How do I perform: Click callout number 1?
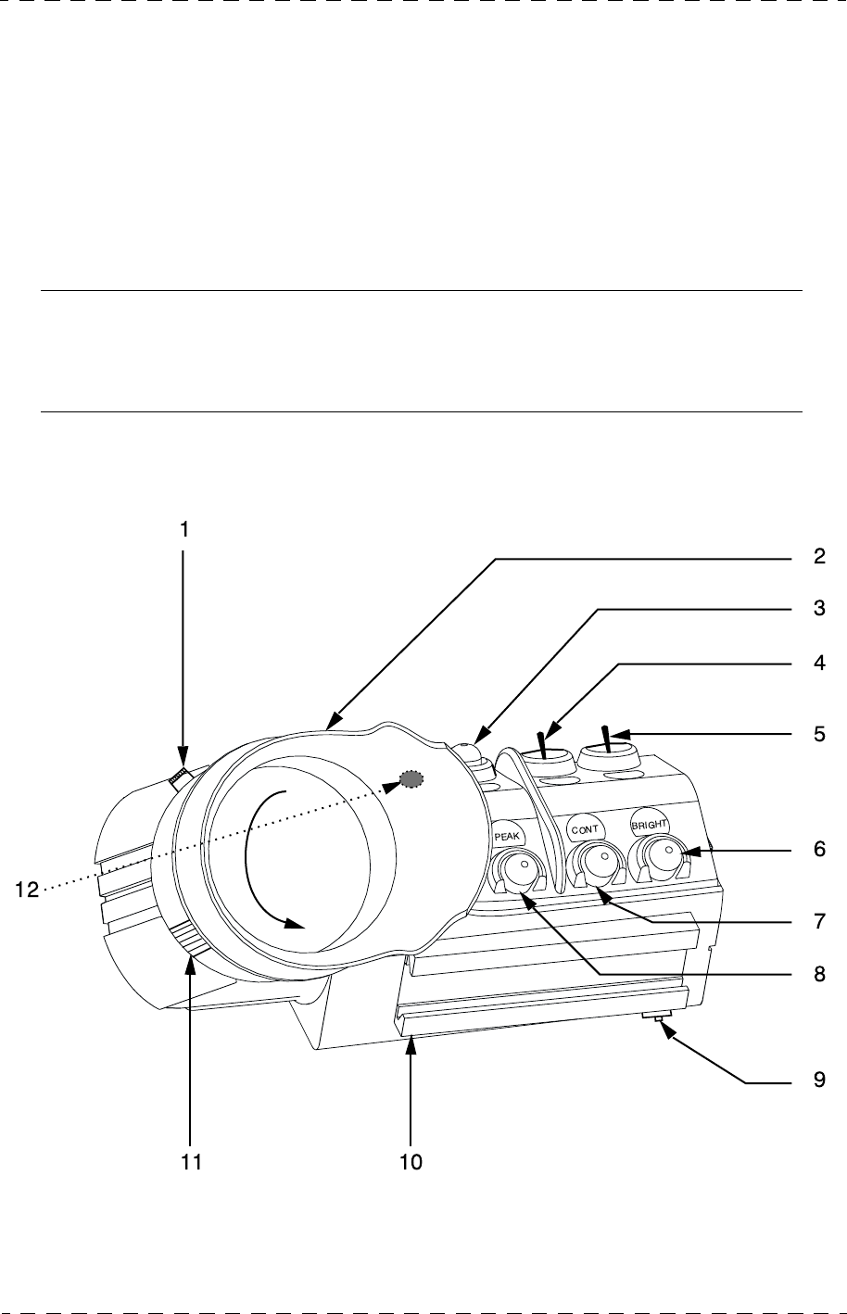[183, 530]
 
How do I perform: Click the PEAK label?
[509, 834]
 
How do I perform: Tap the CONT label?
[586, 828]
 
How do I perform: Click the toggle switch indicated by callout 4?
[544, 744]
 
